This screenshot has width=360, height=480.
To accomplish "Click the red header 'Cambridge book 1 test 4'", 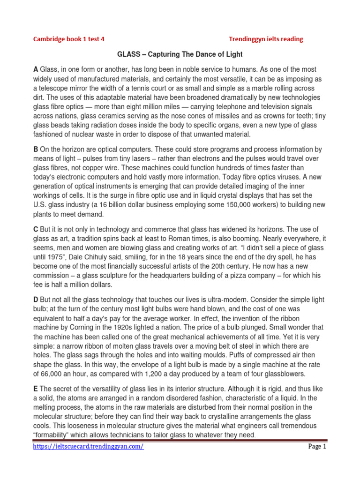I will coord(68,39).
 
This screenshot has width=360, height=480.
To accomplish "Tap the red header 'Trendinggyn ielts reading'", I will coord(266,39).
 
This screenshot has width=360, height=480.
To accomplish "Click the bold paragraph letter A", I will coord(36,69).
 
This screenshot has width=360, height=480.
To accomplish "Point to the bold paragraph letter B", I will coord(36,150).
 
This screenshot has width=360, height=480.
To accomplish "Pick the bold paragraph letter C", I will coord(36,229).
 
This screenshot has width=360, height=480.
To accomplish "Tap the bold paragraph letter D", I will coord(36,300).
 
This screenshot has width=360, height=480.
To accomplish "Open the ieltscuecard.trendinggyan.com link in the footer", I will coord(89,447).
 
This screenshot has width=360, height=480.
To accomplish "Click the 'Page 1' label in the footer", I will coord(316,447).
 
